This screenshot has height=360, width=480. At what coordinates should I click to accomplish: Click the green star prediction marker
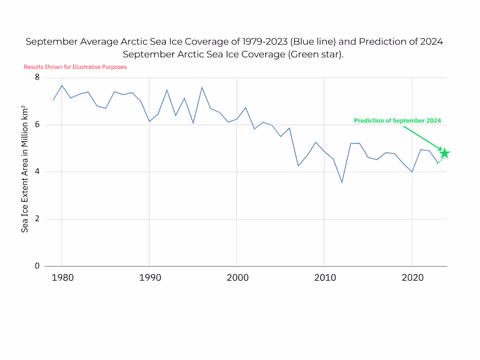[x=445, y=153]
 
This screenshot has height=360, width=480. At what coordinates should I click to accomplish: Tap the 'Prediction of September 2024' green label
[x=397, y=120]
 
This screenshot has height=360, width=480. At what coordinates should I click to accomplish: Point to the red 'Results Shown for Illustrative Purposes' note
[x=75, y=67]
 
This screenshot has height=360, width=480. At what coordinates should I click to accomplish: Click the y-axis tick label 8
[x=37, y=78]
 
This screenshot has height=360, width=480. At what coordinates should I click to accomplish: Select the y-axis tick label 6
[x=37, y=125]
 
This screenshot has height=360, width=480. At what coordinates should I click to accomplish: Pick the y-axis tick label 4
[x=37, y=172]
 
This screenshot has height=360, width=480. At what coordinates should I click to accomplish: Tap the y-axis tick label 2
[x=37, y=219]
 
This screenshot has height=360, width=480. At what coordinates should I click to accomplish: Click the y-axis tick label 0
[x=37, y=266]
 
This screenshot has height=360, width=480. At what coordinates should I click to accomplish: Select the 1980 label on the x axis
[x=62, y=278]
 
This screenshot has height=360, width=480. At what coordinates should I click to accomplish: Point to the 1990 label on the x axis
[x=149, y=278]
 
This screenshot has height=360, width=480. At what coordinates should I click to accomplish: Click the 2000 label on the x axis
[x=237, y=278]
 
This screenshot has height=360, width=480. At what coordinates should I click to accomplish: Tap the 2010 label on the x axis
[x=324, y=278]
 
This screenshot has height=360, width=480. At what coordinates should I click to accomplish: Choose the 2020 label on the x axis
[x=412, y=278]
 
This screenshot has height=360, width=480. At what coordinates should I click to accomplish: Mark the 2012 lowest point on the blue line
[x=342, y=182]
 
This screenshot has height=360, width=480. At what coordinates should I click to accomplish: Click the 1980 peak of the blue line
[x=62, y=86]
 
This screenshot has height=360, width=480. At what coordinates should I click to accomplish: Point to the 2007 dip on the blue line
[x=298, y=166]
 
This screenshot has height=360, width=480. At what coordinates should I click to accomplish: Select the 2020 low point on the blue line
[x=412, y=172]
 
